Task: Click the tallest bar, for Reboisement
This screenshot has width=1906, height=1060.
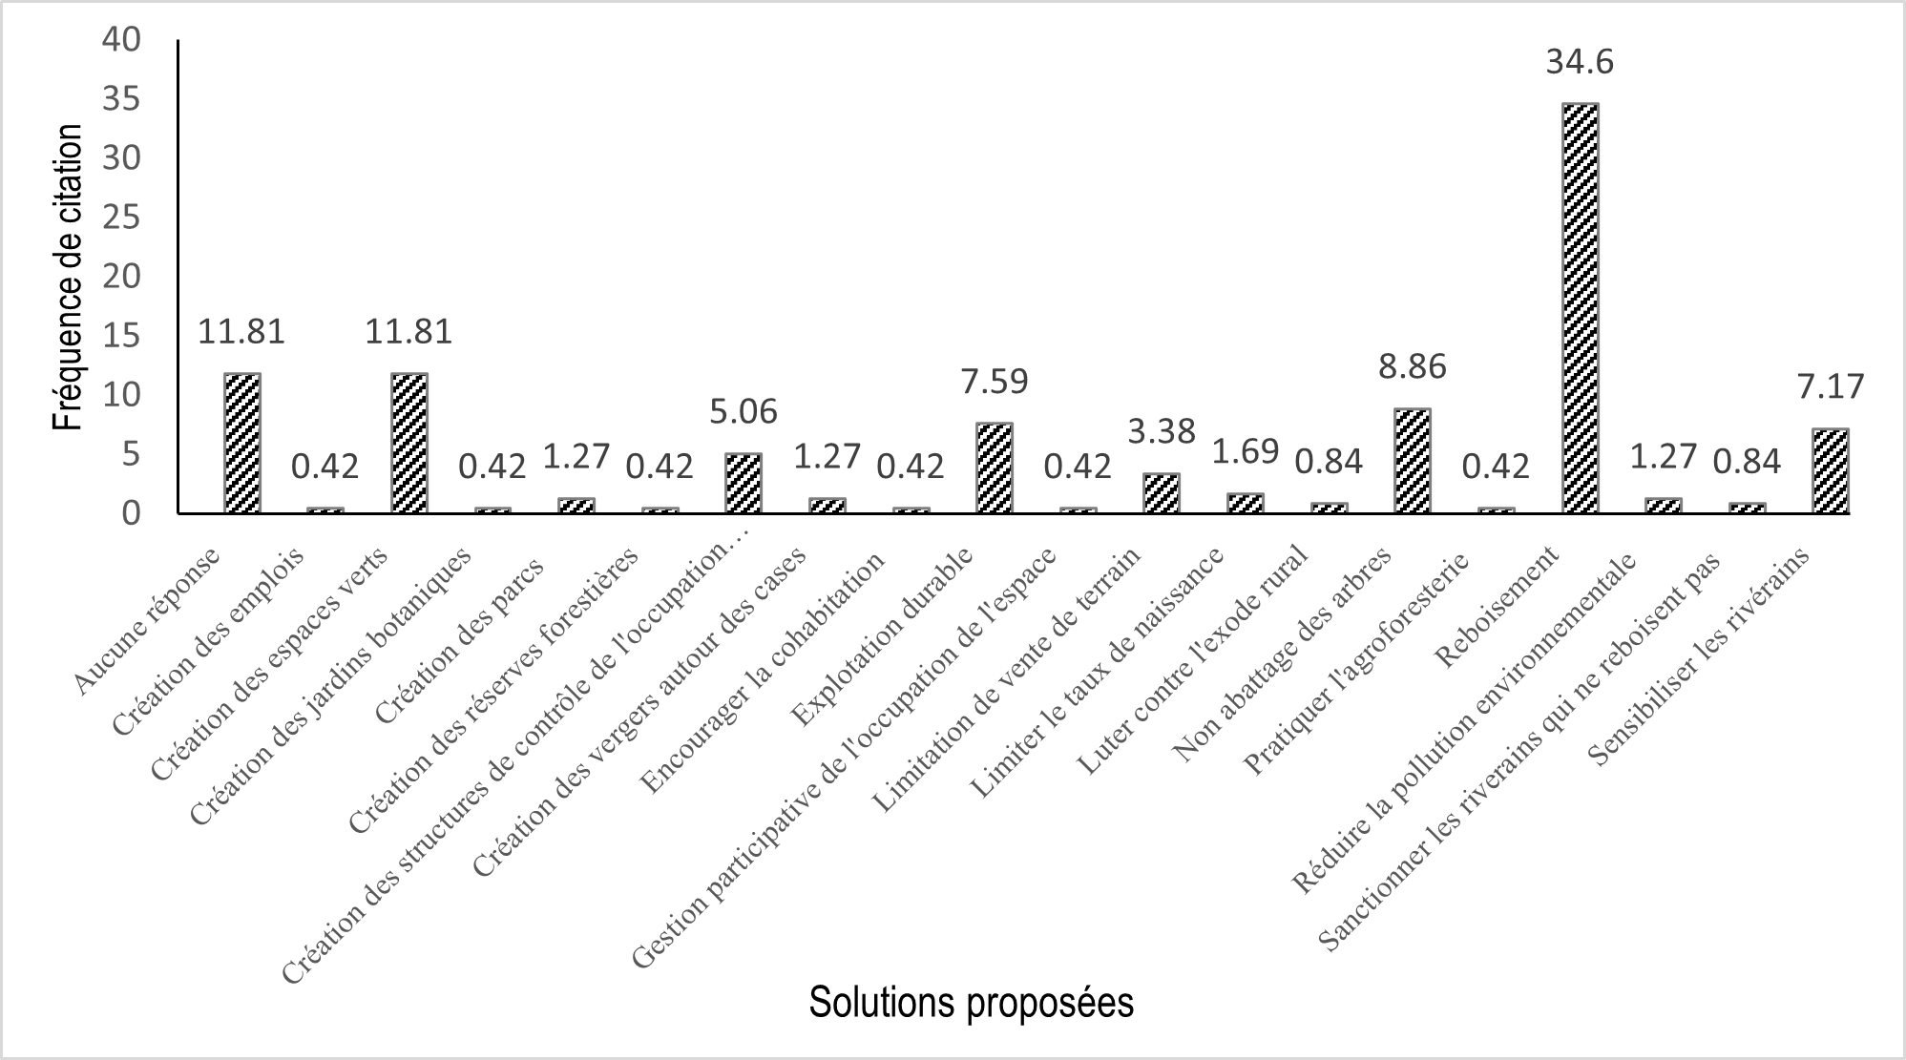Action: tap(1579, 307)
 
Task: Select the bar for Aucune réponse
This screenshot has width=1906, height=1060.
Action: tap(241, 444)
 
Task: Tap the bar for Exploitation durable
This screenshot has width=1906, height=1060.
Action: tap(994, 468)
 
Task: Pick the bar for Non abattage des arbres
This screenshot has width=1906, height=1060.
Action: tap(1412, 461)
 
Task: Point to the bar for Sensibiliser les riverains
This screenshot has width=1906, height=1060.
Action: tap(1830, 471)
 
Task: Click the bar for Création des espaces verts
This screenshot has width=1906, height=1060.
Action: tap(409, 444)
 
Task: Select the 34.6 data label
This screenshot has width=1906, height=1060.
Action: tap(1580, 63)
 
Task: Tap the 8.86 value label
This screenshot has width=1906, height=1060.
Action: tap(1412, 366)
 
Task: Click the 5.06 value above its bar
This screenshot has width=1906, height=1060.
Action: tap(744, 412)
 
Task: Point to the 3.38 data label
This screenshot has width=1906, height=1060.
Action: tap(1162, 432)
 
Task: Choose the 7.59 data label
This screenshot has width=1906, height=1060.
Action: tap(994, 382)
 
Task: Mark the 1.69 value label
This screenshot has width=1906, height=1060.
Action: tap(1245, 451)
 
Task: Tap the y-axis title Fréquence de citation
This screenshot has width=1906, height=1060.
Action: tap(68, 278)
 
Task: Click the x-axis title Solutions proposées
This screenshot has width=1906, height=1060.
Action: tap(971, 1004)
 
